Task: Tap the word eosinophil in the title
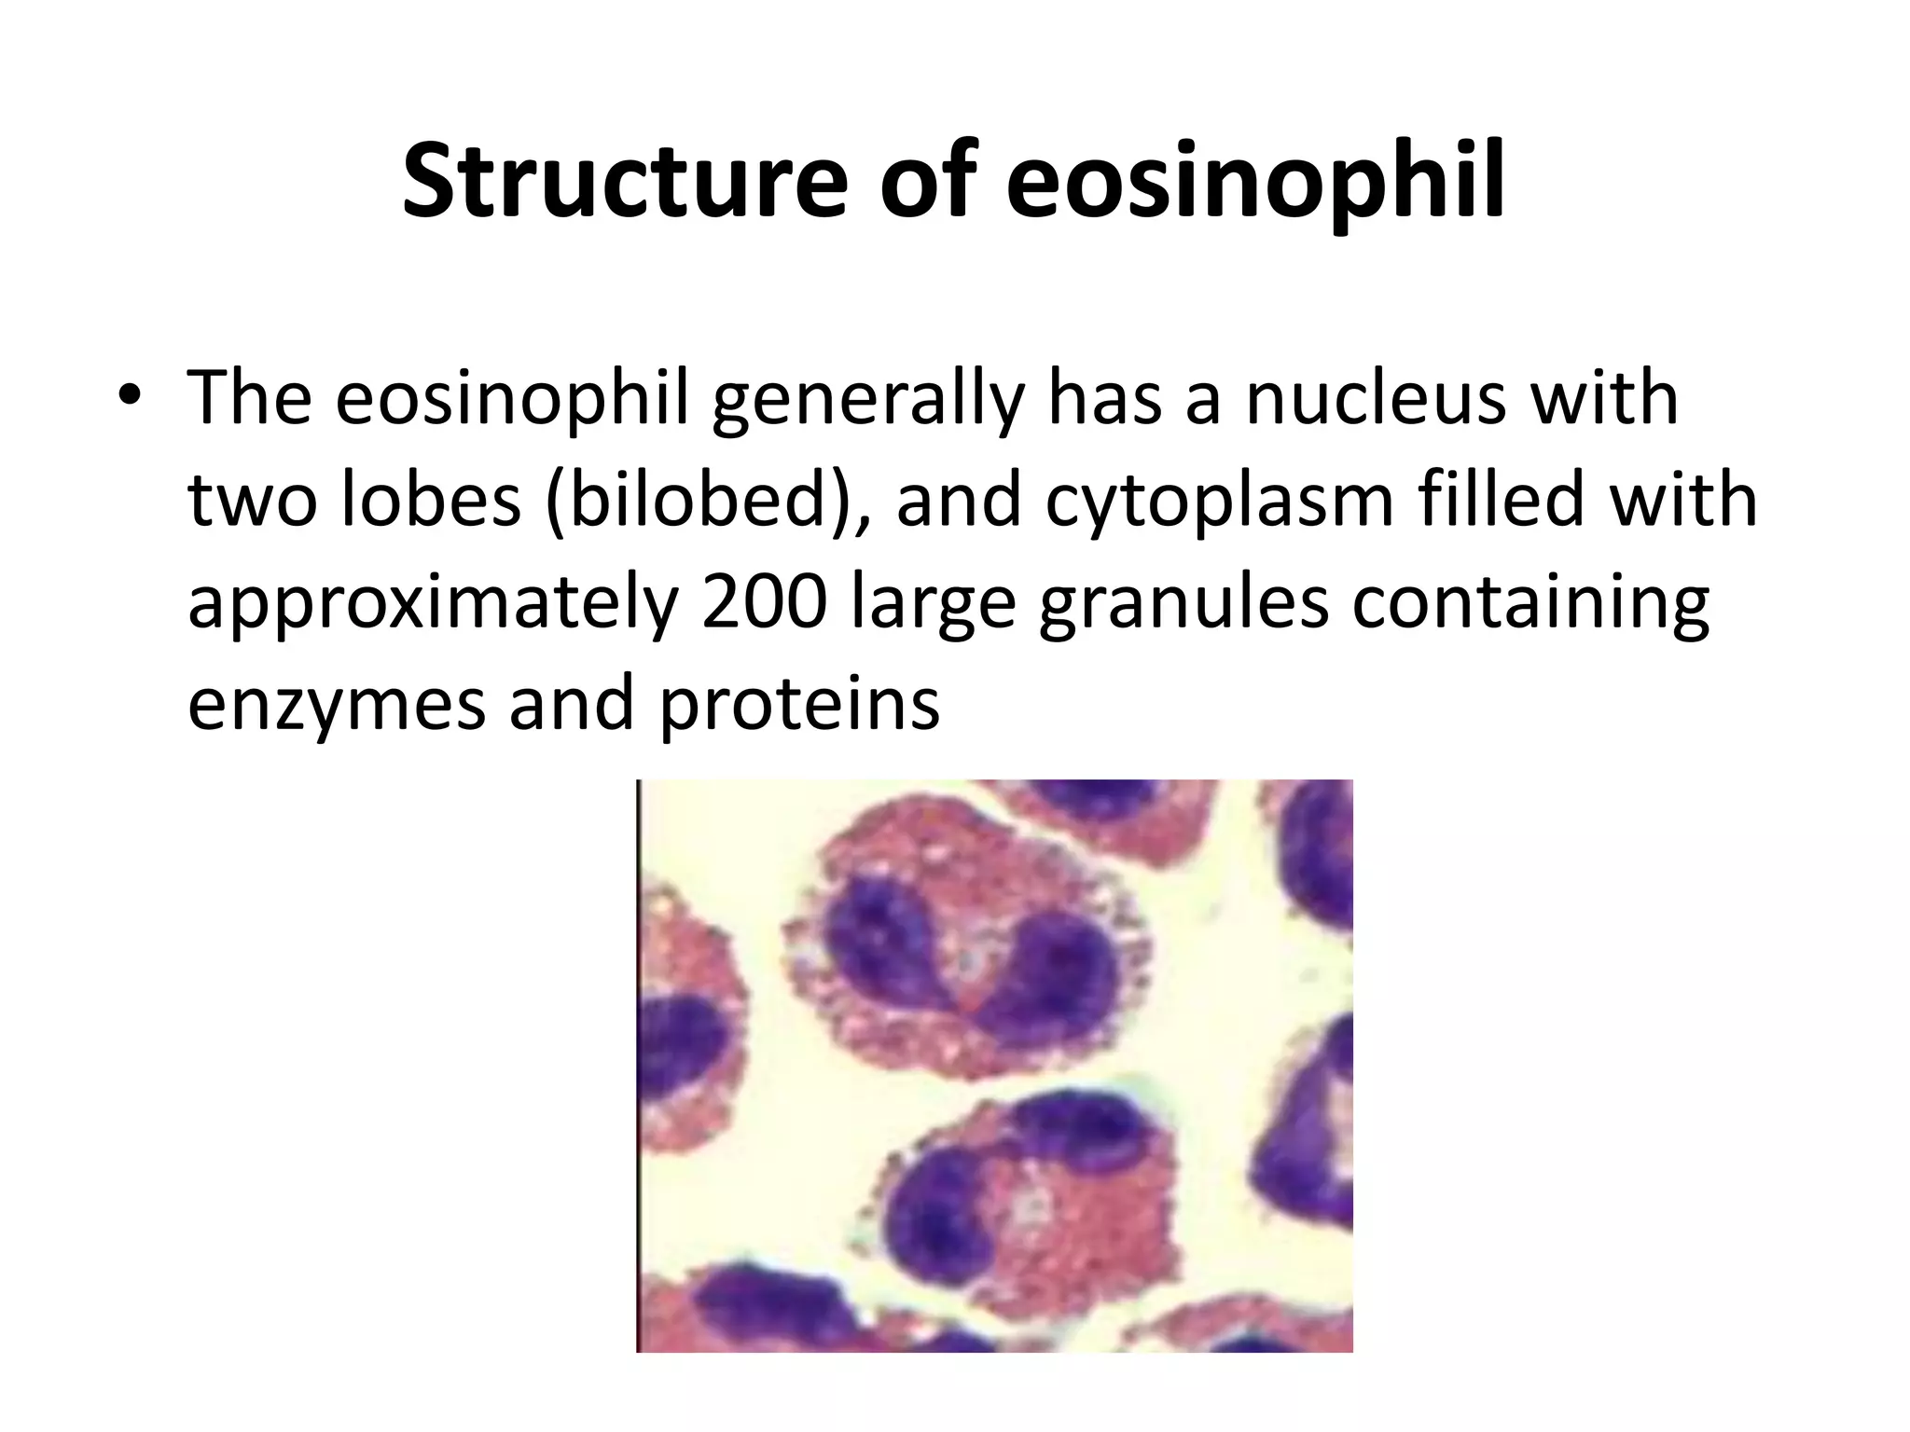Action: (1255, 182)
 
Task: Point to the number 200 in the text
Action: (764, 601)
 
